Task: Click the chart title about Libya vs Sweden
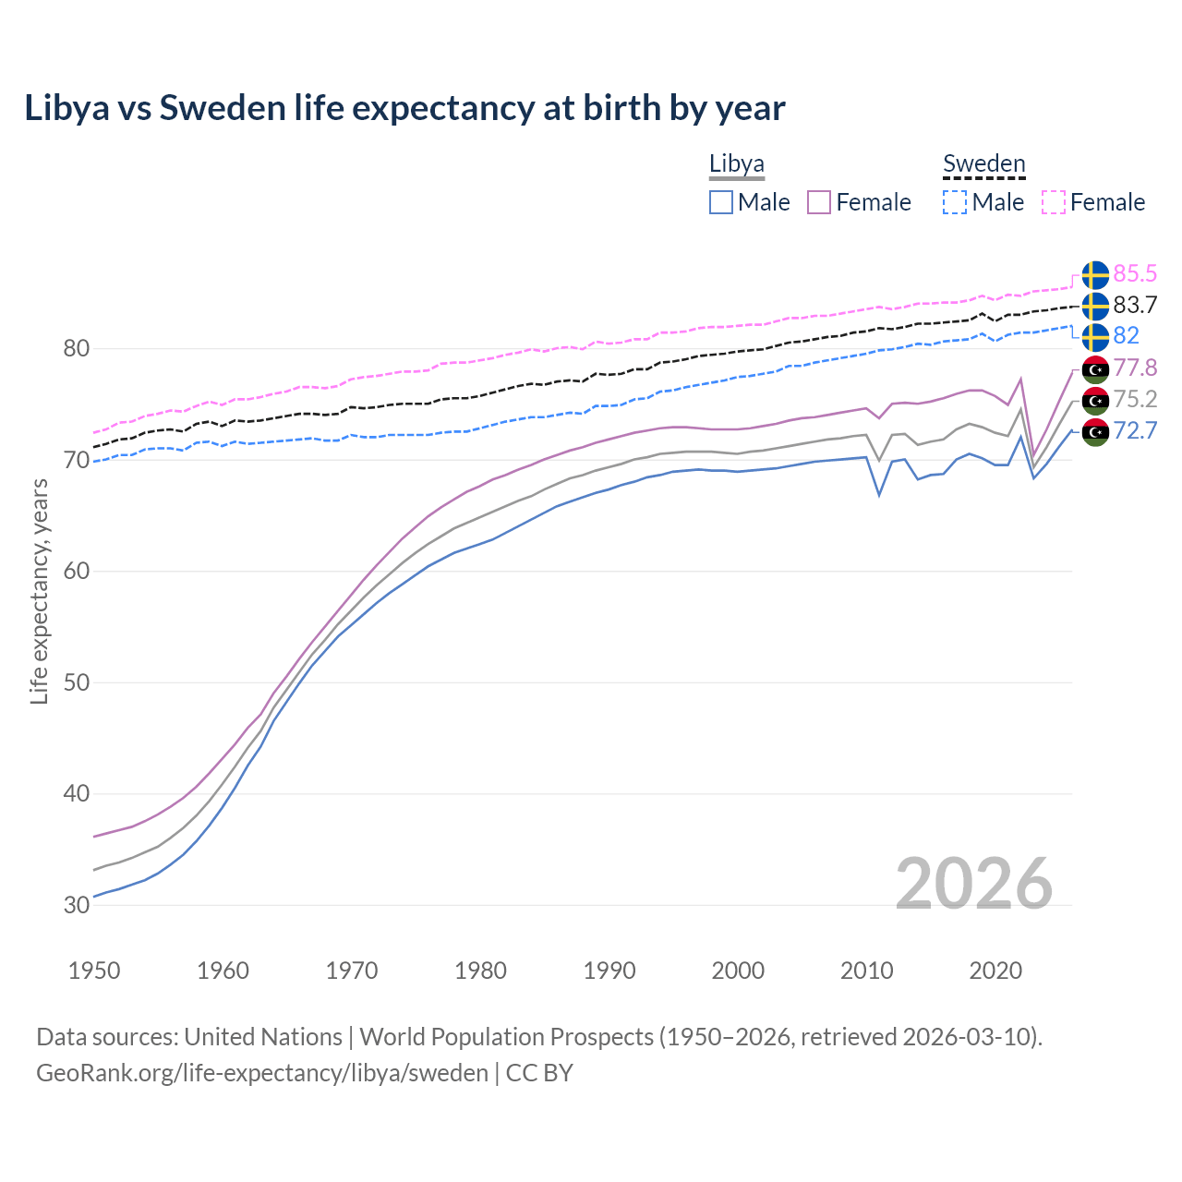point(404,108)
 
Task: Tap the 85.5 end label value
point(1135,273)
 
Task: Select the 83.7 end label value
point(1135,305)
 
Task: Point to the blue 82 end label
point(1126,335)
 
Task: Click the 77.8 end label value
point(1135,368)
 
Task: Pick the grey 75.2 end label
point(1135,399)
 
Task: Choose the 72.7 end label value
point(1135,430)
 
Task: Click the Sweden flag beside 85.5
point(1095,275)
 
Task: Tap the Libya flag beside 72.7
point(1095,432)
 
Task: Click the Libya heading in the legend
point(736,164)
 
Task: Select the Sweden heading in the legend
point(983,164)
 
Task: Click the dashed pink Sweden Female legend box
point(1054,202)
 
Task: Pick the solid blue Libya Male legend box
point(721,202)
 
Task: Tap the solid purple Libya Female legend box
point(819,202)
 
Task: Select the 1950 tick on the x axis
point(94,971)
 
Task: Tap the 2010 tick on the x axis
point(866,971)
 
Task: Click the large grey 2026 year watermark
point(973,884)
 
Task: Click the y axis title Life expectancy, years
point(40,591)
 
